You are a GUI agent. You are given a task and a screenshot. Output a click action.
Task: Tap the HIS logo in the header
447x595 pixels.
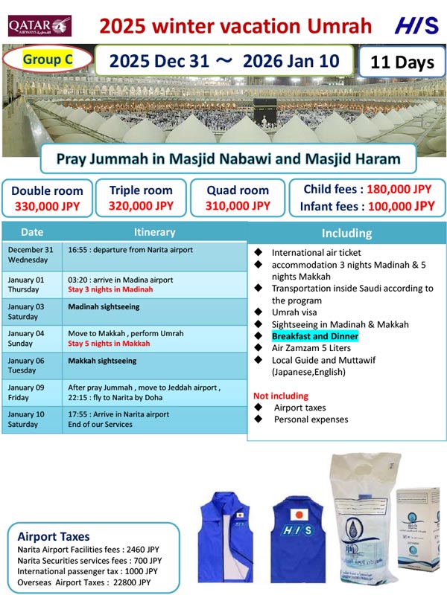(x=416, y=27)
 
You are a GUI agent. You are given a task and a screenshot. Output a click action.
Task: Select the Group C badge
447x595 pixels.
(x=48, y=60)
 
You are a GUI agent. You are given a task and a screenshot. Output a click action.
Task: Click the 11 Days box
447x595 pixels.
(x=402, y=62)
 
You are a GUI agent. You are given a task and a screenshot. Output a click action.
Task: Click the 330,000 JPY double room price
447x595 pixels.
(x=47, y=206)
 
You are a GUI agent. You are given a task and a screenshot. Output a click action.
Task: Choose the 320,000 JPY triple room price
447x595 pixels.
(x=141, y=206)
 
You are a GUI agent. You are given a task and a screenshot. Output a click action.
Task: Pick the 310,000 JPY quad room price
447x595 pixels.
(x=238, y=206)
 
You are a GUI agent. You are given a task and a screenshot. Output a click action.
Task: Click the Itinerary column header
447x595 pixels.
(x=154, y=232)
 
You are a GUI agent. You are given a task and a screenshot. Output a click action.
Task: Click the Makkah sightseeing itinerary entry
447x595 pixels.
(x=102, y=361)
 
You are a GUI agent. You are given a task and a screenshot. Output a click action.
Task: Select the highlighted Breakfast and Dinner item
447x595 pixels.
(x=314, y=336)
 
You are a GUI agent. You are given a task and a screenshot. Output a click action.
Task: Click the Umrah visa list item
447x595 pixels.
(x=295, y=312)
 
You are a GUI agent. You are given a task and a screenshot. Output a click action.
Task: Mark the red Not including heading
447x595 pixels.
(x=280, y=396)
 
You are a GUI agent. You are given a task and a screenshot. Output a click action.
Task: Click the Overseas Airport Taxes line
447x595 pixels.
(x=83, y=582)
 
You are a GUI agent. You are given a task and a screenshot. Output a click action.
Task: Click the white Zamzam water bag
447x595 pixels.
(x=360, y=521)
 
